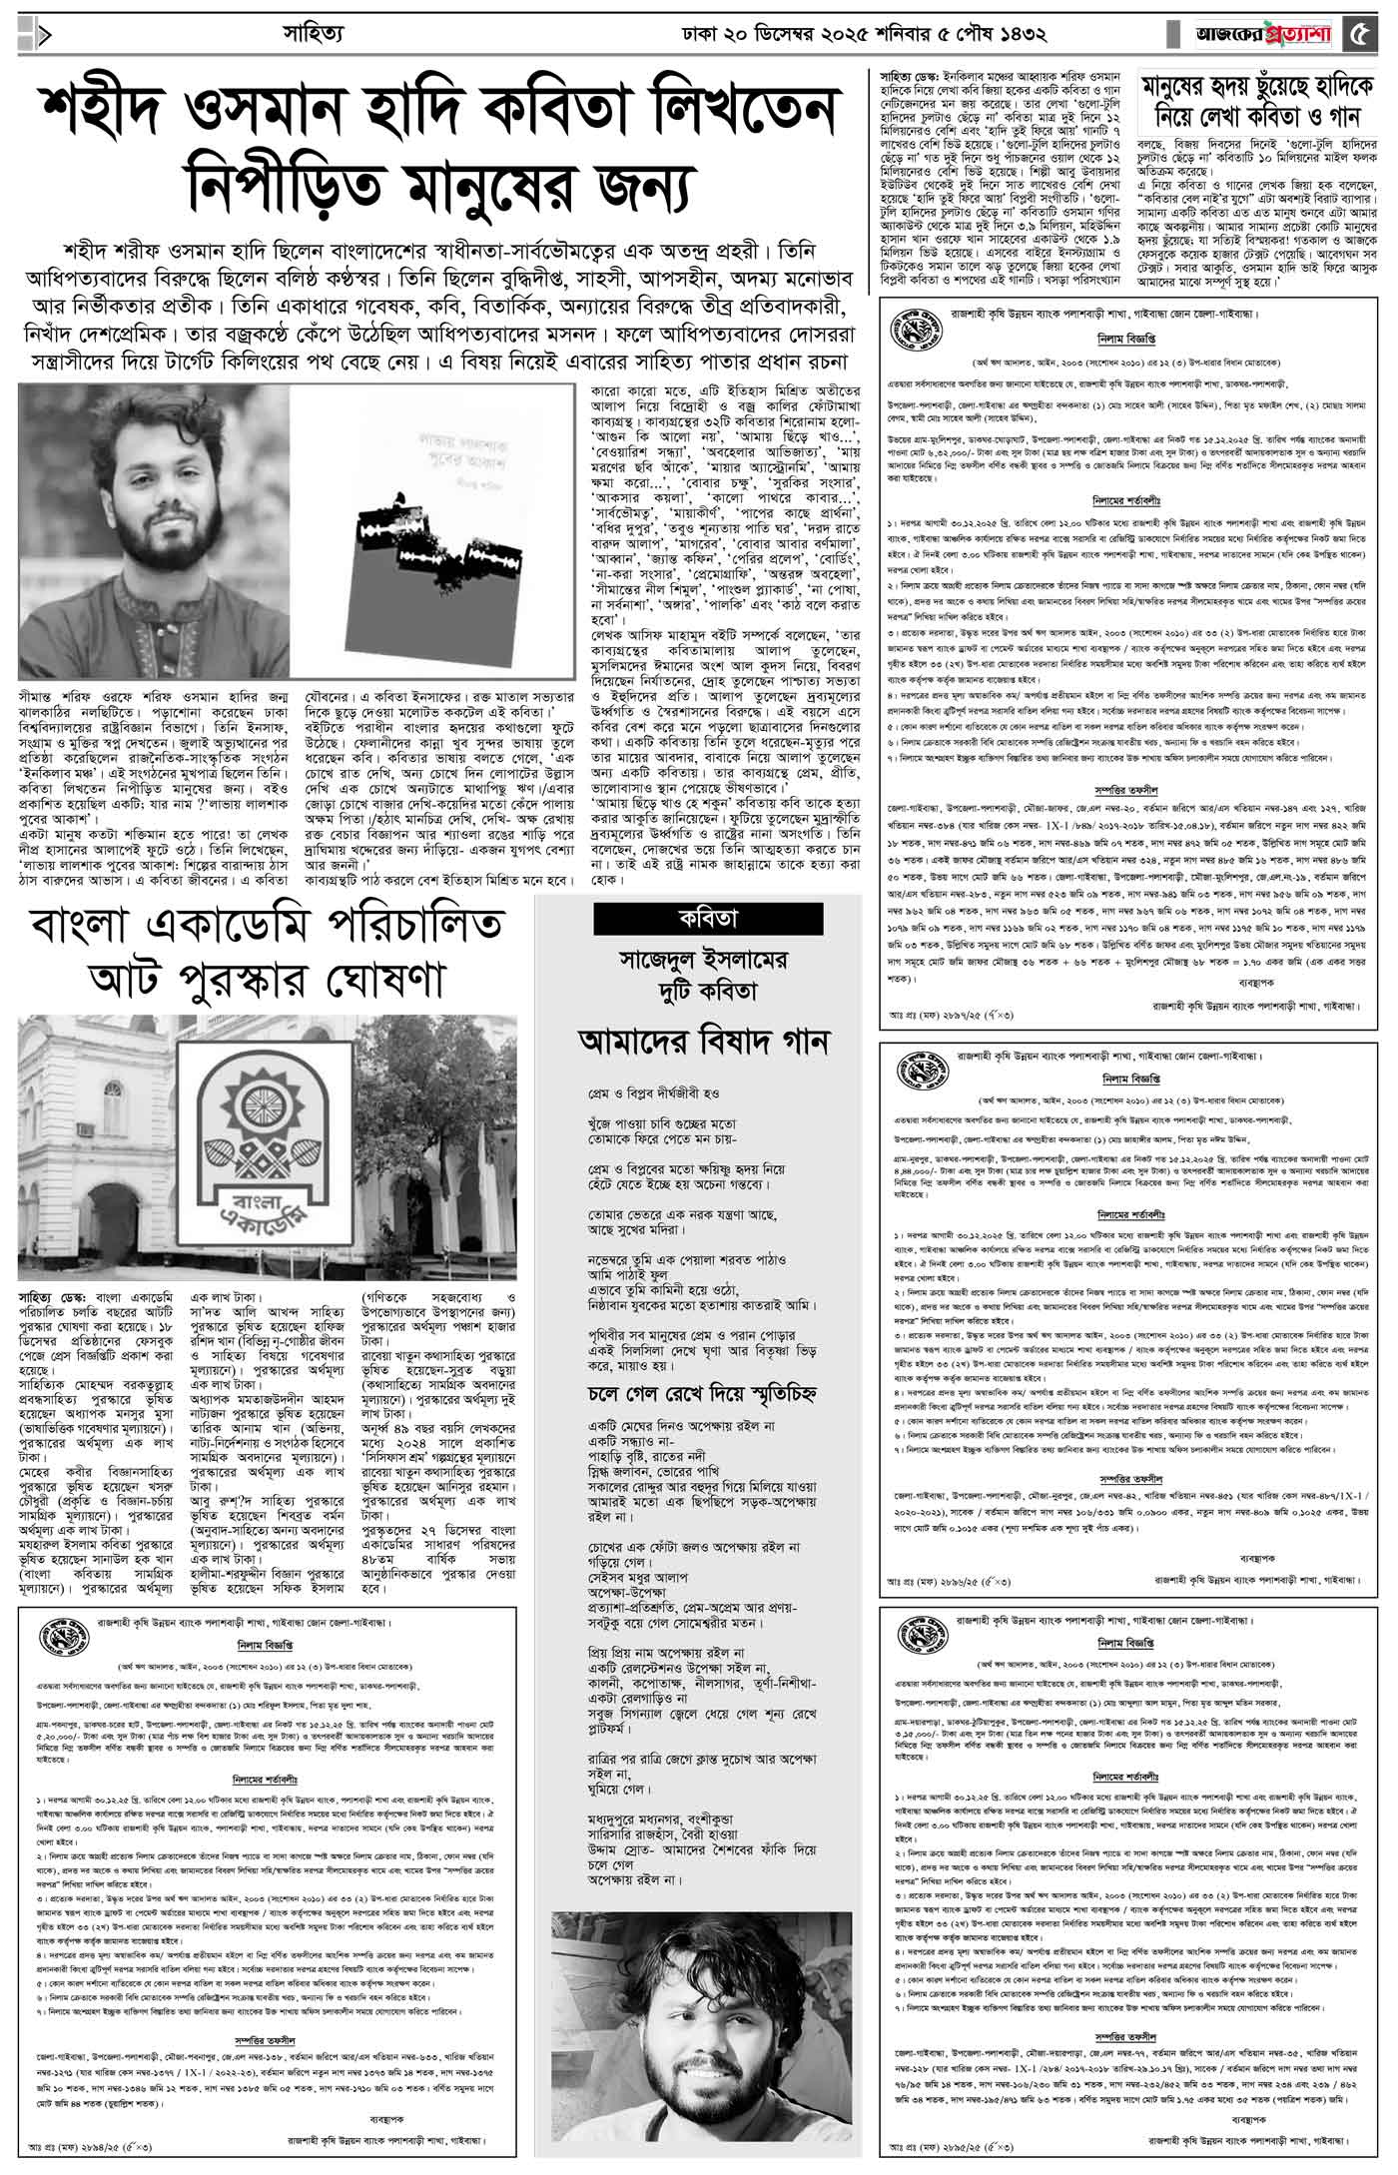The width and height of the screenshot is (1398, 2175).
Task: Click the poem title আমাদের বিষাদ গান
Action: (x=704, y=1042)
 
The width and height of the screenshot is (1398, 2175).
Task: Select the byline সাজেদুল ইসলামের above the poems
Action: (x=704, y=961)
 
